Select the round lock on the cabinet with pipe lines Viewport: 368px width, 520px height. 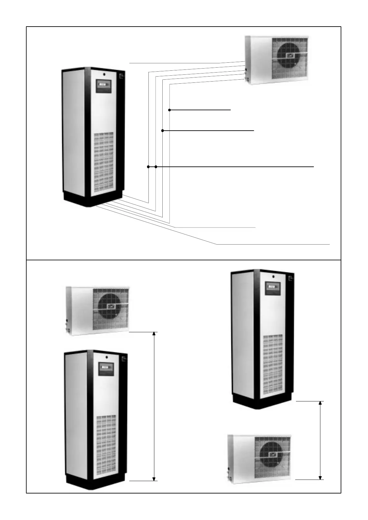pos(104,74)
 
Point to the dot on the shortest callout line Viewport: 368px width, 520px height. pos(169,110)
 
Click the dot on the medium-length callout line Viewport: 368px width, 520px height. pos(163,131)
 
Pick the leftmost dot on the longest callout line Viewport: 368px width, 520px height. pos(148,167)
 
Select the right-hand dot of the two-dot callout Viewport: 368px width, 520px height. pos(156,167)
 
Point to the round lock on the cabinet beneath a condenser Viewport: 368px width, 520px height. pos(106,357)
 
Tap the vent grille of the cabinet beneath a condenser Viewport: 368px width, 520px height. pos(106,446)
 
